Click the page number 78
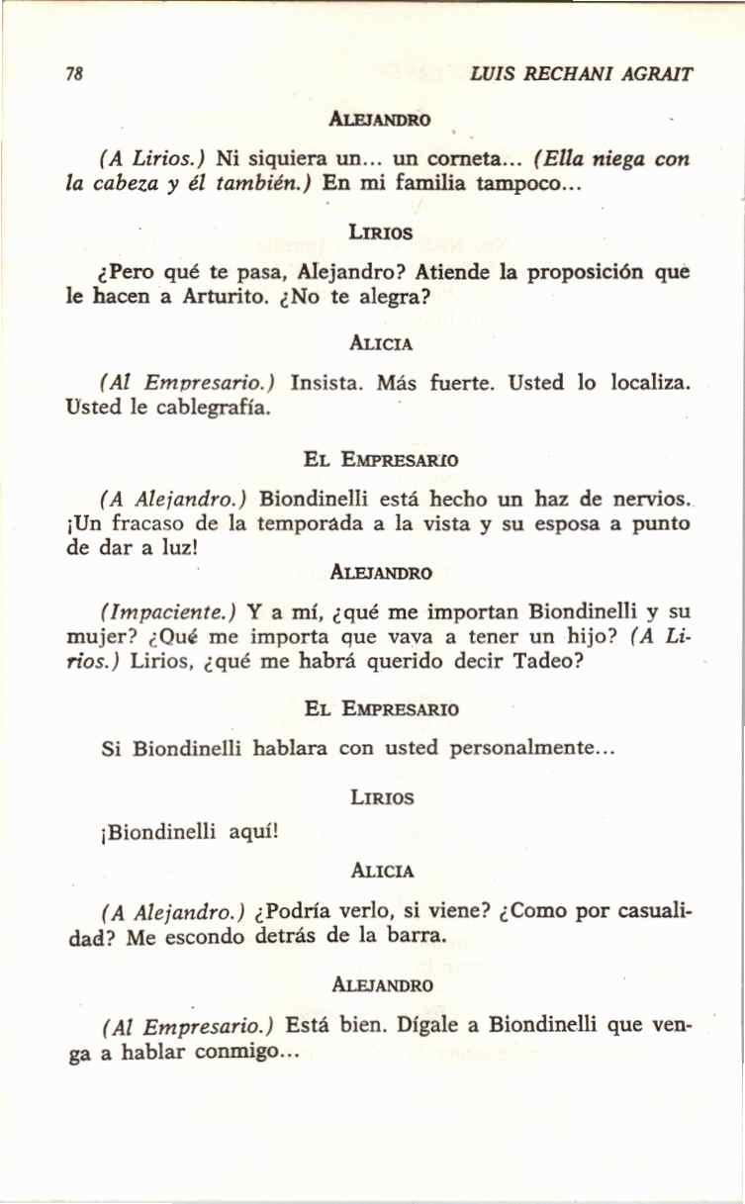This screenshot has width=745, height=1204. click(71, 74)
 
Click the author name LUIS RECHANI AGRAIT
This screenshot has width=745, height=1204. click(582, 74)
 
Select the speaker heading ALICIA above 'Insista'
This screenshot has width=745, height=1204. click(381, 344)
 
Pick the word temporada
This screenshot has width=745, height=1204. click(311, 524)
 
